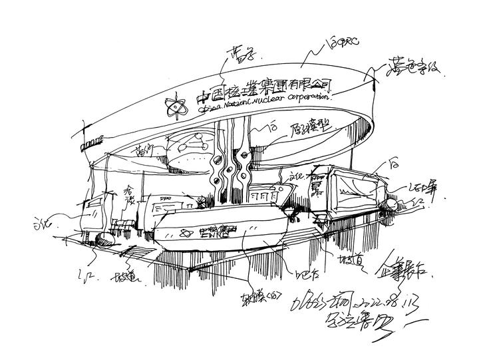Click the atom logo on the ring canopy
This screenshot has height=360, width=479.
click(176, 105)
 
